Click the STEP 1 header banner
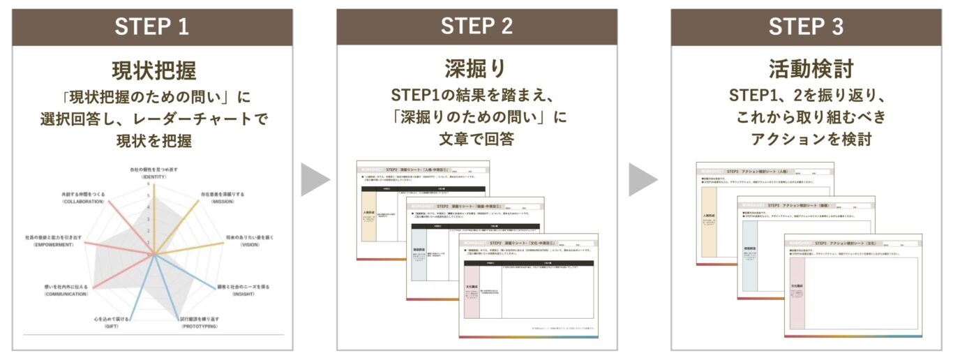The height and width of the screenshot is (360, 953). tap(152, 27)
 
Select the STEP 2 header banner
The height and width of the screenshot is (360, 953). tap(476, 27)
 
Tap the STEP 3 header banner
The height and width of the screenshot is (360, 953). tap(806, 27)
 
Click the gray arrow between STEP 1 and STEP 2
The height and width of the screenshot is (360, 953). tap(315, 180)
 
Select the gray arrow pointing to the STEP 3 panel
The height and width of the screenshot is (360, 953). tap(643, 180)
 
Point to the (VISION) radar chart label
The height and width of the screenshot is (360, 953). tap(249, 245)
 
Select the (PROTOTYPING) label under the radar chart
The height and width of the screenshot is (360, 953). tap(198, 327)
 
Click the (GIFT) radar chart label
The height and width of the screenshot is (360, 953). tap(111, 327)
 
